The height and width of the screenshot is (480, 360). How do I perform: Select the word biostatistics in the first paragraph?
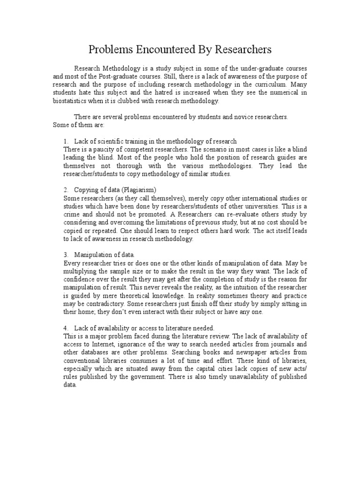pos(71,101)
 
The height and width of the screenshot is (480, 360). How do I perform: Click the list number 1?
pos(65,141)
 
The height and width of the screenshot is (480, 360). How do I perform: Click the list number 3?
pos(65,255)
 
